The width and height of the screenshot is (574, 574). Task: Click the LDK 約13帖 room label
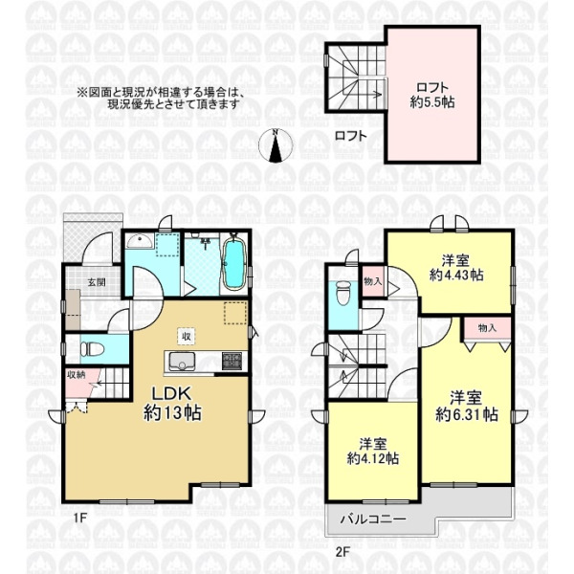click(172, 404)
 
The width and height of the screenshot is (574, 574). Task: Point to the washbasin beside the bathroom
click(140, 241)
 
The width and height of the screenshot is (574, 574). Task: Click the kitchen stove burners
click(232, 361)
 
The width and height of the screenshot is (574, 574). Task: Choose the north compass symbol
click(276, 146)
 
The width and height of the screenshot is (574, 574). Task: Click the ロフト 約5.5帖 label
click(432, 95)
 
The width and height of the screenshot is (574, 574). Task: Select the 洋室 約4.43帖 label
click(456, 268)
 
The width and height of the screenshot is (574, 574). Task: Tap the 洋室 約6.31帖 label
click(467, 407)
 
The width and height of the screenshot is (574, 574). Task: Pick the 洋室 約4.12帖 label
click(373, 451)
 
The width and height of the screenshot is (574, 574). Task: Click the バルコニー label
click(373, 519)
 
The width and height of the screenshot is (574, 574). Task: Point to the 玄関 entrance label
click(97, 282)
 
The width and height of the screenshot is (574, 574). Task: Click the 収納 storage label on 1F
click(77, 374)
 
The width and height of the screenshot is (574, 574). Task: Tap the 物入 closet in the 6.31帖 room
click(487, 328)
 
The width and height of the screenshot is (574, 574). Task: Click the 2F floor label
click(343, 552)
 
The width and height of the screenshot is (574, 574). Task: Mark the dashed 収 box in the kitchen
click(187, 336)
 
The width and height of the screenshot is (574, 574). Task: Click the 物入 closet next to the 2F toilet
click(373, 281)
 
